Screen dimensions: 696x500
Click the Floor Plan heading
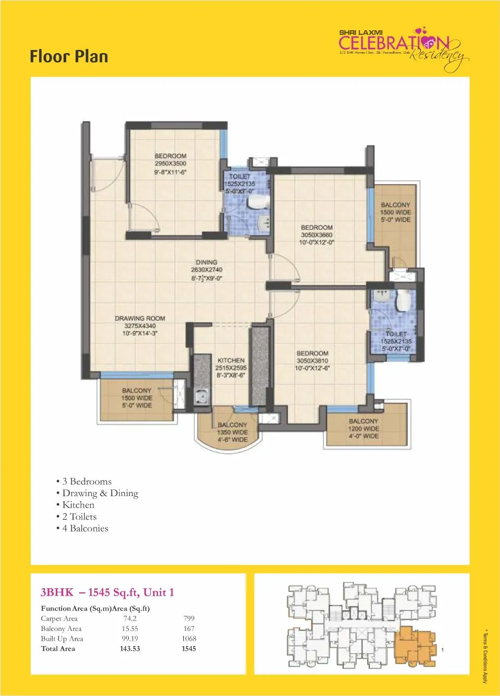(69, 56)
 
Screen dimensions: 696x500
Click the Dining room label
(207, 262)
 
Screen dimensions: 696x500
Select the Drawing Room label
(140, 318)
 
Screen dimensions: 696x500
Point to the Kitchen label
(231, 360)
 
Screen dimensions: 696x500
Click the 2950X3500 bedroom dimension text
(170, 163)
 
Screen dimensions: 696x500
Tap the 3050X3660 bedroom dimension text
(317, 235)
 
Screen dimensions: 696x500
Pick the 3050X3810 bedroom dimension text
(312, 361)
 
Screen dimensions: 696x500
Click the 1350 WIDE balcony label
(232, 432)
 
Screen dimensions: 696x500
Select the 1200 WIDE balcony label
(364, 428)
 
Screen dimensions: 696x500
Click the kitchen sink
(202, 396)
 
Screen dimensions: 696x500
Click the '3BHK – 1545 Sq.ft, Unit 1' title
(107, 592)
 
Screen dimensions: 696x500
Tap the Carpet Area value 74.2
(130, 618)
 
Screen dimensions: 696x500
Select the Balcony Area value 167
(189, 628)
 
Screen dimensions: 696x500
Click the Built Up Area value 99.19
(130, 638)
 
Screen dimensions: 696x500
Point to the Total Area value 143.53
(130, 649)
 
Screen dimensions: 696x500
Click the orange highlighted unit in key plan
(414, 646)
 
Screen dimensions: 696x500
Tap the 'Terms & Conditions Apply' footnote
(485, 656)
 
